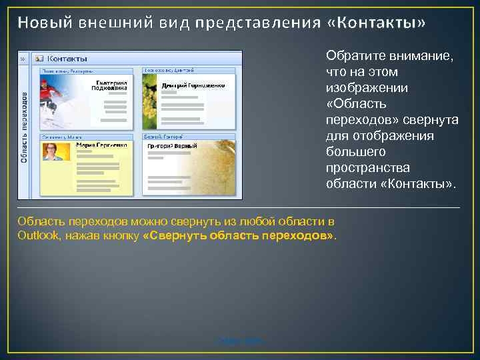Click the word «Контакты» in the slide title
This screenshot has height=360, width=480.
pos(377,23)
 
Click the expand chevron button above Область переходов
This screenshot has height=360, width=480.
pos(23,59)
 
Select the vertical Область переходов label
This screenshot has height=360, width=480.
pos(23,127)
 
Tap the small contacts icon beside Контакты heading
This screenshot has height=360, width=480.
pos(38,59)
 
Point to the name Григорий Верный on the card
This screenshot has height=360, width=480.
pos(173,145)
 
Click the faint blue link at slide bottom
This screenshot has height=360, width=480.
pos(240,341)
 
